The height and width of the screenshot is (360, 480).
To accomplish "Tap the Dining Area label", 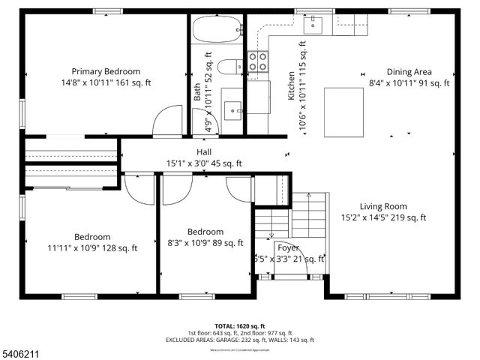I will tap(409, 72).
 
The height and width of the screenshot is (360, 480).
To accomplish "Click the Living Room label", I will tap(382, 206).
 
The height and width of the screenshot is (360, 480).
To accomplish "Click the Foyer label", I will tap(288, 247).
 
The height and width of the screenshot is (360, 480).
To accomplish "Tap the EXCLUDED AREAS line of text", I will tap(239, 340).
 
